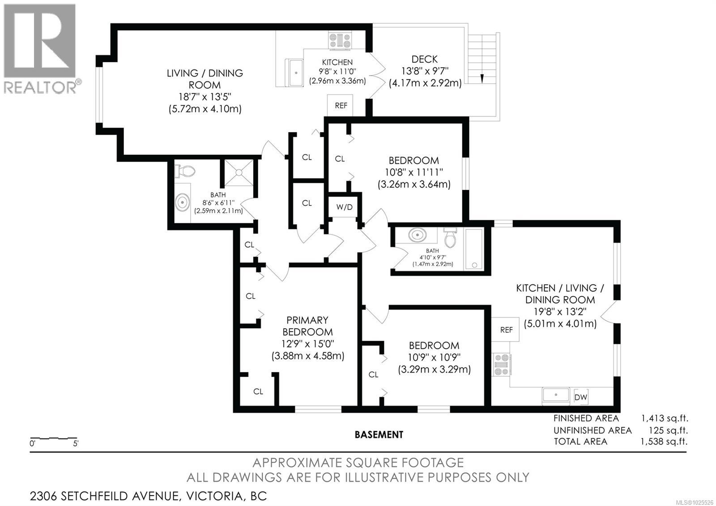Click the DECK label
424,59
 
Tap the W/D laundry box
344,206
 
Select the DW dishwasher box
580,397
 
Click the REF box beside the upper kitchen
340,105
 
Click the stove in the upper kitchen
340,41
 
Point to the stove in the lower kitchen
501,364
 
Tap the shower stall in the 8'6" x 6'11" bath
239,173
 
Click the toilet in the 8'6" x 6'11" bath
184,171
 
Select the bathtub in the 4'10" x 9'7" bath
474,249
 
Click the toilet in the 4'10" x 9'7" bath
450,238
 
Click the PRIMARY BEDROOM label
307,326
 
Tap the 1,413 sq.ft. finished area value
665,418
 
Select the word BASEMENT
379,435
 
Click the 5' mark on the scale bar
76,444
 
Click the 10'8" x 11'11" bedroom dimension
413,172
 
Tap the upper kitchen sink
294,73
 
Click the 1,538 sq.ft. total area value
664,442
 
